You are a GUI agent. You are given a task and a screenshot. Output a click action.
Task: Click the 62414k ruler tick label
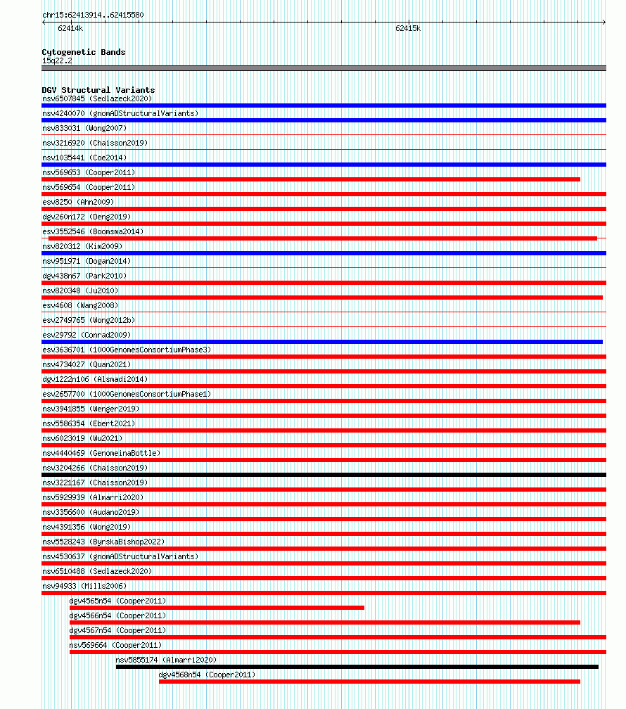(x=70, y=29)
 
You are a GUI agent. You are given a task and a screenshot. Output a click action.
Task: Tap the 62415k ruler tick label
(x=407, y=29)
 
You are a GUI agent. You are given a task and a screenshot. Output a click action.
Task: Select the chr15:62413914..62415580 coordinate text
(x=93, y=15)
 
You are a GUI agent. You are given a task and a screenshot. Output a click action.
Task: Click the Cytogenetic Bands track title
(x=83, y=52)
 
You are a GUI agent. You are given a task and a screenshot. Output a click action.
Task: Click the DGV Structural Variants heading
(x=98, y=90)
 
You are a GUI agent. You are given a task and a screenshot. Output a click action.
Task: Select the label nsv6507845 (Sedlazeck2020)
(x=96, y=98)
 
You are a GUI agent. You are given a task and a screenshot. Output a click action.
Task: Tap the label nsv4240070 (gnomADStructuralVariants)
(x=120, y=113)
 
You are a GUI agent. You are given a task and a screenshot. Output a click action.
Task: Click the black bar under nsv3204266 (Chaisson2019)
(x=324, y=475)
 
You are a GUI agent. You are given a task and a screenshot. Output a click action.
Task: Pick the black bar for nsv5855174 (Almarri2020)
(x=357, y=667)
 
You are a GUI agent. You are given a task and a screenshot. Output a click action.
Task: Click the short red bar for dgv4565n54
(x=217, y=608)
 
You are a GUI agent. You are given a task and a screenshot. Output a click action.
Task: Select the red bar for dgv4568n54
(x=369, y=681)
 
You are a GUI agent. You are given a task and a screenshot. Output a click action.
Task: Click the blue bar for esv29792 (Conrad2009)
(x=322, y=342)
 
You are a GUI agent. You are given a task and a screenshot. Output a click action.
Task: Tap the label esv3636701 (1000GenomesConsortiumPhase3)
(x=126, y=350)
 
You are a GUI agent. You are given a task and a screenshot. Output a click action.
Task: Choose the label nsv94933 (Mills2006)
(x=79, y=586)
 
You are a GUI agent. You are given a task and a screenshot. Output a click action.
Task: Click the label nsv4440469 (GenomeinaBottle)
(x=101, y=453)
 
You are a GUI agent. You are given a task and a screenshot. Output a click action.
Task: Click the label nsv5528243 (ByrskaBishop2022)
(x=103, y=542)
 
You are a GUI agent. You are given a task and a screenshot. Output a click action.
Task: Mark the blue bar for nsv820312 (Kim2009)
(x=324, y=253)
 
